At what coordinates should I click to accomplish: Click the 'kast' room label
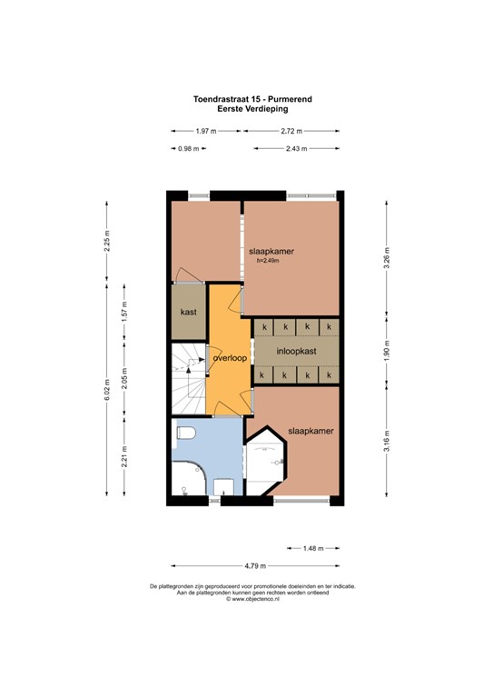(189, 312)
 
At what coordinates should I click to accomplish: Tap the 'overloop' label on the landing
(230, 358)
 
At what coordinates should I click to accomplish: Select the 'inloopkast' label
(297, 351)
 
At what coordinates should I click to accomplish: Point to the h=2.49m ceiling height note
(268, 261)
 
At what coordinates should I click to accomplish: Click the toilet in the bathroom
(186, 433)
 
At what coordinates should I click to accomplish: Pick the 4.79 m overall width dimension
(256, 566)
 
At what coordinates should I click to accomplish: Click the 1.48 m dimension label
(313, 548)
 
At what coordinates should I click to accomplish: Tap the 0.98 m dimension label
(189, 149)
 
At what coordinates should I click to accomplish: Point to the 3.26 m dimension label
(387, 258)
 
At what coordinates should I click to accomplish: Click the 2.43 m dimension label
(297, 149)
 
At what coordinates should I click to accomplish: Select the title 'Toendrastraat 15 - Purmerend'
(252, 99)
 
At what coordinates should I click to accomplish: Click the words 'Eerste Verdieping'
(252, 109)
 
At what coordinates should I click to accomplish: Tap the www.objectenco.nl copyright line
(252, 599)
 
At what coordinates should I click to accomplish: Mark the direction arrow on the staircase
(189, 370)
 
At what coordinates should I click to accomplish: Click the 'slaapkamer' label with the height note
(271, 251)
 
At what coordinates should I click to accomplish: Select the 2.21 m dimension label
(124, 456)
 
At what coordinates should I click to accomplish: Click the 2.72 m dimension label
(291, 131)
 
